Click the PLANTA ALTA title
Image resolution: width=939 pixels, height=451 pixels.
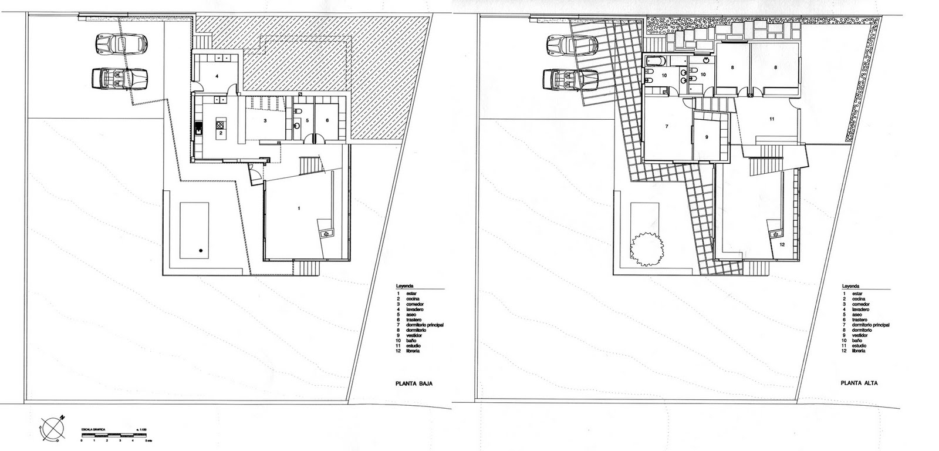coord(859,385)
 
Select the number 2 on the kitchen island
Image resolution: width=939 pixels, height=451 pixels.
coord(220,133)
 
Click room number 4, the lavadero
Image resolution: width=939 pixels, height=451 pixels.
coord(217,76)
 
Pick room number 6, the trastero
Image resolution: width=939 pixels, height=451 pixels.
coord(327,120)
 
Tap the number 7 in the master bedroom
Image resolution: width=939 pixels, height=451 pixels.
coord(667,126)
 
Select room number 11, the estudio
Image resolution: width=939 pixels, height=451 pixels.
coord(772,119)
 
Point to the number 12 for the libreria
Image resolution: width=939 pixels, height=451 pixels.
coord(782,244)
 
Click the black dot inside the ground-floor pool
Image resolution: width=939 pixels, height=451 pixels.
coord(200,251)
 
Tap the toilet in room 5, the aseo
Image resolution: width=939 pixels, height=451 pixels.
coord(297,112)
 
